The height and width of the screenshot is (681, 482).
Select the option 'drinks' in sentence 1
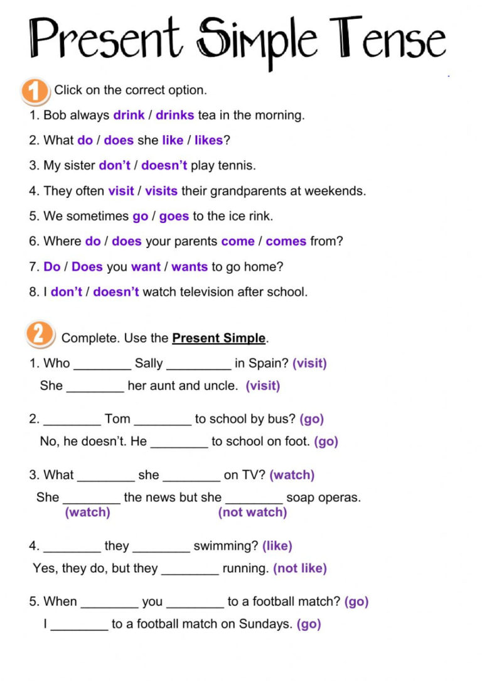click(174, 116)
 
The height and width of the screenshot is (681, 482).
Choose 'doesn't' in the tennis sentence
click(164, 166)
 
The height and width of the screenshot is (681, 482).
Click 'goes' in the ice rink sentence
click(174, 216)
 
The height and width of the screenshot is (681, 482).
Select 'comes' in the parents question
click(286, 241)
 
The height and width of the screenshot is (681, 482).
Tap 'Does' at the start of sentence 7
click(87, 266)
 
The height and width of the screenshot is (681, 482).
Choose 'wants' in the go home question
click(190, 266)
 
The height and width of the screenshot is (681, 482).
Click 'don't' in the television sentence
click(67, 291)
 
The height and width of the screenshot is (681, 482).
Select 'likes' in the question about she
click(208, 141)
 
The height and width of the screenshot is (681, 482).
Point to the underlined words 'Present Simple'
click(218, 338)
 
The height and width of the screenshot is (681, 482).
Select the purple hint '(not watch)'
click(252, 513)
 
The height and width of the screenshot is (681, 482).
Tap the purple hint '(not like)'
click(300, 569)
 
